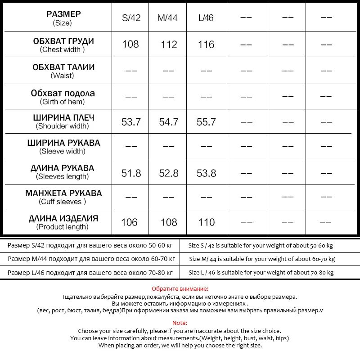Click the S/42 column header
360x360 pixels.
131,18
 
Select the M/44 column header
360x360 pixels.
168,18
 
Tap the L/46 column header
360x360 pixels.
206,18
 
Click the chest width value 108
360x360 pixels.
130,44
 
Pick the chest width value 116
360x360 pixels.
206,44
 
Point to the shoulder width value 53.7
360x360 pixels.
131,122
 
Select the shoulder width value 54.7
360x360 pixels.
169,122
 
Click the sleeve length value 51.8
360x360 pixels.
131,173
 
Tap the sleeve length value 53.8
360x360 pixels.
207,173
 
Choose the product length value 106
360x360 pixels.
130,222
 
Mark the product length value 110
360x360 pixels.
207,222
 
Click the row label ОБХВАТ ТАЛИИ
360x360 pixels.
63,67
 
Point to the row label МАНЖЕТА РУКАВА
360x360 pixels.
63,193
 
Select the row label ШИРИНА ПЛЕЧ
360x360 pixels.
63,118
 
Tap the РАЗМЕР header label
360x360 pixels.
63,14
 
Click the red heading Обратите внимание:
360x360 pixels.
180,289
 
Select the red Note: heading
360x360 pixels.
180,323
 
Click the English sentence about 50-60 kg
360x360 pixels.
261,246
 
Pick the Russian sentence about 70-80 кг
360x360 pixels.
90,273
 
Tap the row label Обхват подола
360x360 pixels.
63,94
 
